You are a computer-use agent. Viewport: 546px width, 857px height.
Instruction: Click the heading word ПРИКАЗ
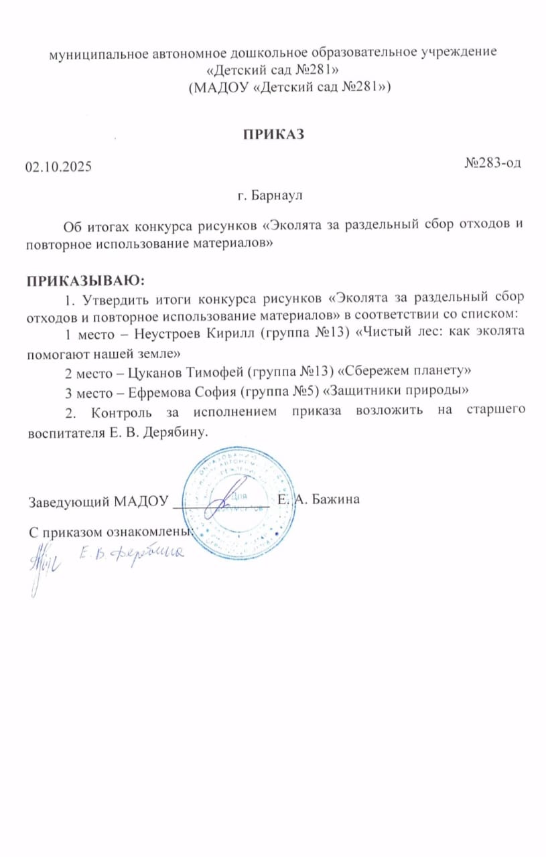(x=273, y=134)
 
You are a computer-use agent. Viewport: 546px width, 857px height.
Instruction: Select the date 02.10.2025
(x=59, y=167)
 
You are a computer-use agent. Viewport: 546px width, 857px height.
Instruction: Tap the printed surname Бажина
(x=334, y=499)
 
